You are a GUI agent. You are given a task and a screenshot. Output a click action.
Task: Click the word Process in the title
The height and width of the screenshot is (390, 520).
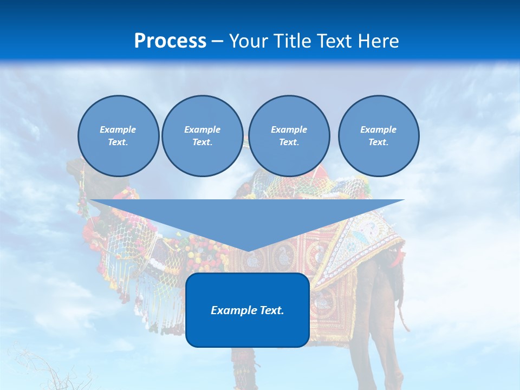(170, 41)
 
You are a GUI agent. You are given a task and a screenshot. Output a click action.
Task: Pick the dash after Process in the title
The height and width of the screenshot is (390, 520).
(217, 42)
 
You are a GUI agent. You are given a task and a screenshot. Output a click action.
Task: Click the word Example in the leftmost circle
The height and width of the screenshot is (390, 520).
(118, 129)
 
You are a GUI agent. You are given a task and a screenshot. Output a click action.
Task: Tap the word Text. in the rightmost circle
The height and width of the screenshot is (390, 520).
(378, 142)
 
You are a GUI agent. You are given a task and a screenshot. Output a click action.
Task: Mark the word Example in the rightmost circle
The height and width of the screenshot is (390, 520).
(378, 129)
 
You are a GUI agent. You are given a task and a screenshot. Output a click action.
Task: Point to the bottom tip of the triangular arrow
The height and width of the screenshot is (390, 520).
(247, 251)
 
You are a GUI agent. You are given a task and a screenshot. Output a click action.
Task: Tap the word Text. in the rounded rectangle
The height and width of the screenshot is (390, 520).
(270, 310)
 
